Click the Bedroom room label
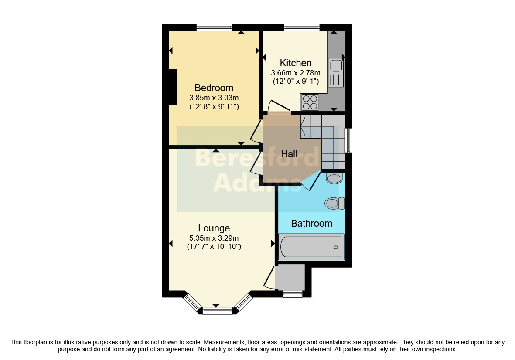[x=214, y=88]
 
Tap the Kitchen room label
[x=296, y=63]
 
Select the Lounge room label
[x=214, y=228]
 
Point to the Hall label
[x=289, y=154]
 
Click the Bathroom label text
[x=311, y=224]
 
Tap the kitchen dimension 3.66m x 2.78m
[x=296, y=73]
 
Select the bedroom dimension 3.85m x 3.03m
[x=214, y=98]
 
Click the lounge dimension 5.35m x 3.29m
[x=214, y=238]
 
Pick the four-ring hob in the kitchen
[x=310, y=102]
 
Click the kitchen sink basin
[x=336, y=66]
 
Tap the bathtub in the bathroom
[x=311, y=247]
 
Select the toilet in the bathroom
[x=334, y=204]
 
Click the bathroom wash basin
[x=334, y=179]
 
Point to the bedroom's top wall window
[x=214, y=27]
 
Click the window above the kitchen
[x=302, y=27]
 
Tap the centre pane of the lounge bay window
[x=218, y=310]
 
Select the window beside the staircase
[x=348, y=140]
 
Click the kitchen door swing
[x=279, y=105]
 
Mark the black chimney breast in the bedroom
[x=173, y=87]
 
